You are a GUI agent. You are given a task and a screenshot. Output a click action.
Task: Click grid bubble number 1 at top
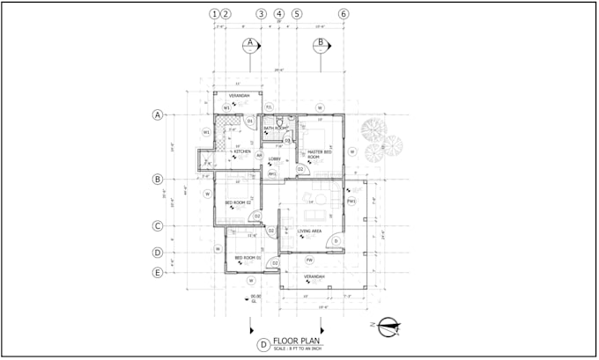[x=214, y=14]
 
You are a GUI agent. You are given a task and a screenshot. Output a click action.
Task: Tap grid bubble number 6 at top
[x=344, y=14]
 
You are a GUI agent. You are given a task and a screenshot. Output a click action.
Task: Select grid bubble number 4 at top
[x=279, y=14]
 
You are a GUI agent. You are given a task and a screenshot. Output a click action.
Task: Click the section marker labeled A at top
[x=250, y=42]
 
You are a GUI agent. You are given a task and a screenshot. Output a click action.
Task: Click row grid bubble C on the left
[x=158, y=225]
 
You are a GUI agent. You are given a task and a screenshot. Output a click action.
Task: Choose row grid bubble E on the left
[x=158, y=273]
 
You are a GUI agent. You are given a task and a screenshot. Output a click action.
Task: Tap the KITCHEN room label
[x=242, y=151]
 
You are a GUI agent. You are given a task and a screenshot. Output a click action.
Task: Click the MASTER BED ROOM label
[x=319, y=154]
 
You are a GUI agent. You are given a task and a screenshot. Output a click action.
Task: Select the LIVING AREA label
[x=309, y=231]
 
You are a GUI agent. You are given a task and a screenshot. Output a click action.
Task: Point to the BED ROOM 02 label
[x=238, y=203]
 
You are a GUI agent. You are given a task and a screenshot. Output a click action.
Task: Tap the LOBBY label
[x=274, y=158]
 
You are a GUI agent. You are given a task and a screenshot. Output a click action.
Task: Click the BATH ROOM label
[x=276, y=128]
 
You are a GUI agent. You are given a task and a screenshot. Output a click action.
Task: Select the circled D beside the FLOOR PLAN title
[x=263, y=345]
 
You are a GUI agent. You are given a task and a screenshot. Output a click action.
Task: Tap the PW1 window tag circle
[x=351, y=202]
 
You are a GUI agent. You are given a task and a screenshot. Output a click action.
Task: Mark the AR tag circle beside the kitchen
[x=259, y=155]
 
